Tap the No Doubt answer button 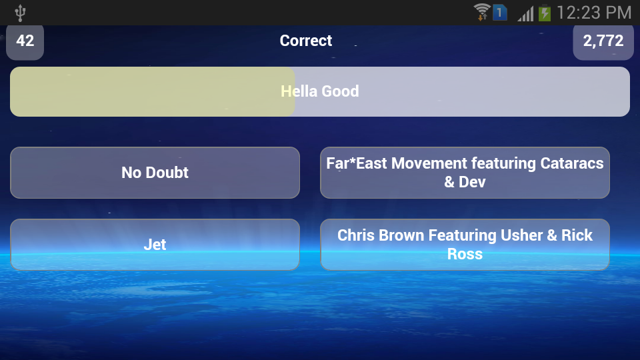coord(155,173)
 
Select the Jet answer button coord(155,245)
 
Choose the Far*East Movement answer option coord(465,173)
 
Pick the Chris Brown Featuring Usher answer coord(465,245)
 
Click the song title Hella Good coord(320,91)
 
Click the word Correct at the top coord(306,41)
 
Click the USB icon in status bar coord(20,13)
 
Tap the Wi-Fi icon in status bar coord(482,12)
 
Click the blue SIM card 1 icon coord(499,12)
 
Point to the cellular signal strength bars coord(526,13)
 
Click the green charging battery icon coord(545,13)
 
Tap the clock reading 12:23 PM coord(594,13)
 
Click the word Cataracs coord(572,163)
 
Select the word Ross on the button coord(465,254)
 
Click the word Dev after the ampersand coord(472,182)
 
